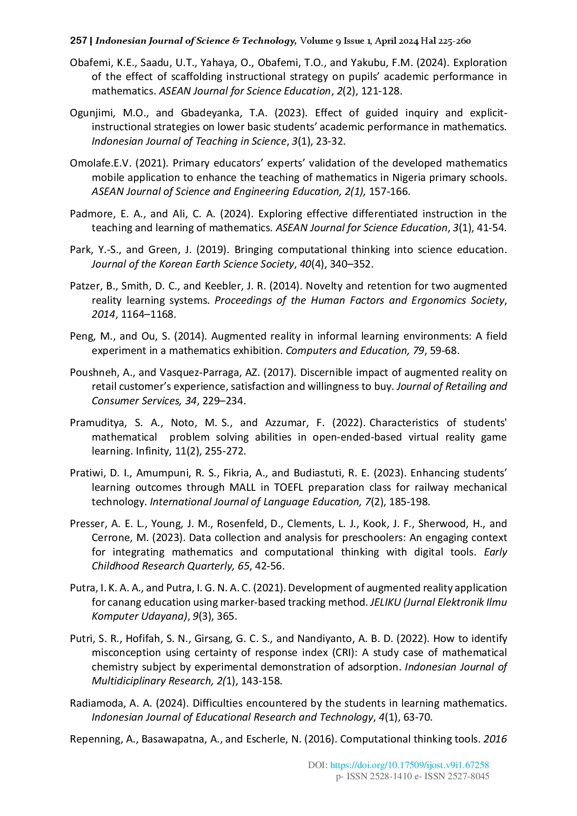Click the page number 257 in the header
click(x=78, y=40)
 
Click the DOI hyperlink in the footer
click(x=409, y=765)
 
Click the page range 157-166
click(x=389, y=192)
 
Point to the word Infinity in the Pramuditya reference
click(x=153, y=451)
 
